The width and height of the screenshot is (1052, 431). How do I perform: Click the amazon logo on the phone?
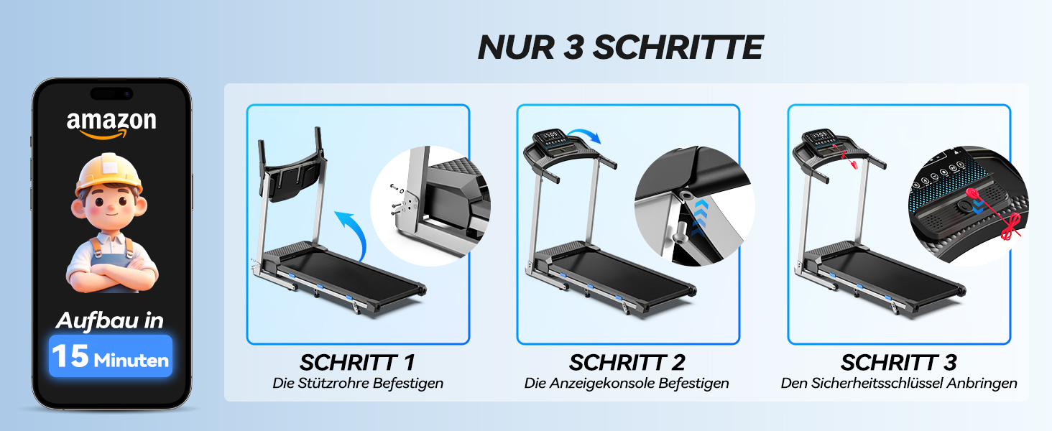(111, 124)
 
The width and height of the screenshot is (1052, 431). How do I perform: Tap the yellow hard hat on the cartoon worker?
(109, 174)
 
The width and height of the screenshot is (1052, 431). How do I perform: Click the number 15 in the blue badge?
(70, 356)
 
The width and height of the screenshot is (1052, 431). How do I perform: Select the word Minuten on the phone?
(131, 361)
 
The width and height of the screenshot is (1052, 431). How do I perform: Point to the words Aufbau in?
(110, 320)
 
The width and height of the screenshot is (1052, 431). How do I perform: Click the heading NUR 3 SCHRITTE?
(620, 47)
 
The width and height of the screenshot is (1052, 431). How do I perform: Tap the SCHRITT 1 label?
(357, 363)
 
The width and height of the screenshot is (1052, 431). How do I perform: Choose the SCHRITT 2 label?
(627, 363)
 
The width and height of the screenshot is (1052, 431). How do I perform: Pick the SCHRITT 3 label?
(899, 363)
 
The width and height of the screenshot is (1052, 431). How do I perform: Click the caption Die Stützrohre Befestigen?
(358, 384)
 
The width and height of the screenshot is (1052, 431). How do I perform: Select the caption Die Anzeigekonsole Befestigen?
(627, 384)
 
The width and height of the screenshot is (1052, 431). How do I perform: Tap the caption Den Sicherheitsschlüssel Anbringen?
(899, 384)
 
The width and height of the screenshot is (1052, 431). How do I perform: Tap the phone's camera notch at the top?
(111, 94)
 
